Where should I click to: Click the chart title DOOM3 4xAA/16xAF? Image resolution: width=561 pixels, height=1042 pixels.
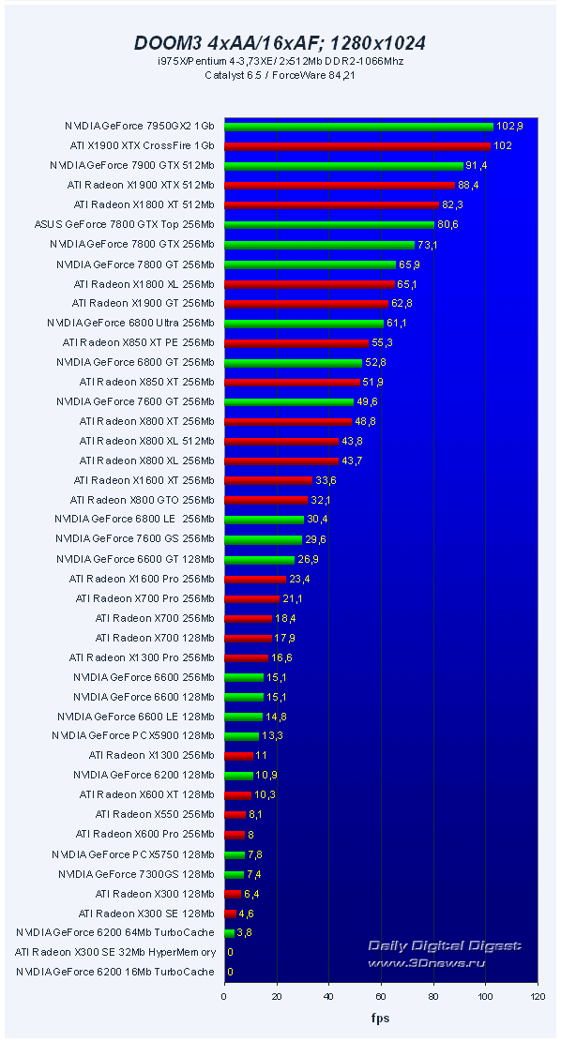click(280, 42)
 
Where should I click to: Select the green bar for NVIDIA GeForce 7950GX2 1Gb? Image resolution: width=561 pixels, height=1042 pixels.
click(358, 127)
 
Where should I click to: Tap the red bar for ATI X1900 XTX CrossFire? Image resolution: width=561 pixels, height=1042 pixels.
click(357, 146)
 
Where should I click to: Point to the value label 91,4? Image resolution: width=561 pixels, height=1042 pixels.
click(478, 166)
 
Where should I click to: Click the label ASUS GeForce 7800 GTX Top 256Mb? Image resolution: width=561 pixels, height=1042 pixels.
click(124, 225)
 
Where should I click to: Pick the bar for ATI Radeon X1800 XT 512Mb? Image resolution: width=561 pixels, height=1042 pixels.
click(331, 205)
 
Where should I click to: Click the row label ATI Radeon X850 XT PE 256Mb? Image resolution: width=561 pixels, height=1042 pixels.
click(138, 343)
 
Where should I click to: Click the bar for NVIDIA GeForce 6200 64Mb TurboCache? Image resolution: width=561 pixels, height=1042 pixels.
click(229, 933)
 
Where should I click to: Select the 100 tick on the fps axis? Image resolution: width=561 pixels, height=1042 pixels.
click(485, 997)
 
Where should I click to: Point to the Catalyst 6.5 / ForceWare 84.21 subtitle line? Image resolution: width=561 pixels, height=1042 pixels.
click(280, 75)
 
